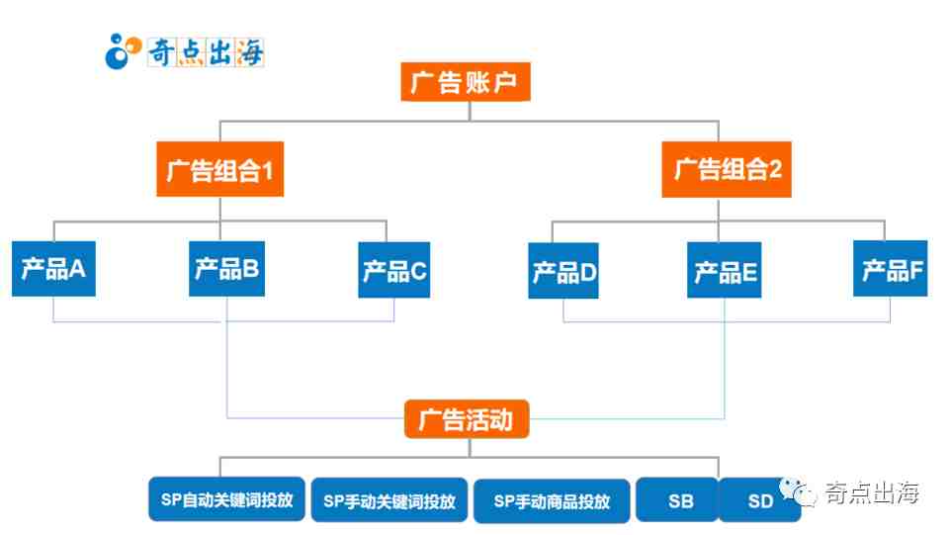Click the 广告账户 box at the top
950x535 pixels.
click(x=466, y=82)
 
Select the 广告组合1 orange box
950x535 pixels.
click(x=219, y=169)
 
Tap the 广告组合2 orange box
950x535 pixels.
click(x=727, y=169)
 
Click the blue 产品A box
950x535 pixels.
click(x=54, y=267)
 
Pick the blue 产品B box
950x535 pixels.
click(x=226, y=267)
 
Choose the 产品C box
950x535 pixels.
click(x=394, y=269)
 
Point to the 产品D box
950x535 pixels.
click(x=563, y=271)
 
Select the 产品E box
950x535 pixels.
click(x=725, y=269)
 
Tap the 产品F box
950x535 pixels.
click(x=891, y=268)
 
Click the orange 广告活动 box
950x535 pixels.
click(x=466, y=419)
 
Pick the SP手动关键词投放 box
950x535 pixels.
click(x=389, y=500)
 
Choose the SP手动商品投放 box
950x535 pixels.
click(x=552, y=500)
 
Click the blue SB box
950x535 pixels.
click(x=679, y=500)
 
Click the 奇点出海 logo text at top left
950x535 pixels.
click(x=205, y=50)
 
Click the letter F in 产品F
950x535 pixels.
click(x=915, y=269)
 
